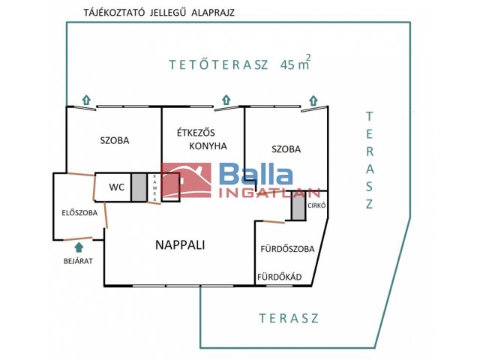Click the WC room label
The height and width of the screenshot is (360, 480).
point(117,187)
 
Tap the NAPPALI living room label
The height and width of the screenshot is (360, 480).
point(180,245)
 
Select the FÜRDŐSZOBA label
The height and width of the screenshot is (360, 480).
point(287,248)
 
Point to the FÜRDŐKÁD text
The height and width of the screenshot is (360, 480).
point(280,277)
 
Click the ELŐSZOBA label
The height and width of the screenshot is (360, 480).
point(79,213)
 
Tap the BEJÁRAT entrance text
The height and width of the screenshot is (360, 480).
point(78,261)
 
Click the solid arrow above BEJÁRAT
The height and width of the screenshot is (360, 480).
point(79,247)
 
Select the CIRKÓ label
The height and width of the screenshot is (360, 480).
point(316,205)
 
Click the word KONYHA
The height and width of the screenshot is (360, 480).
point(208,146)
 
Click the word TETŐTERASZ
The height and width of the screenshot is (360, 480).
point(218,65)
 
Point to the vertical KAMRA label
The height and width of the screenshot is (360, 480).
point(154,188)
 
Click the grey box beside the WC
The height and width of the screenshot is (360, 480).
point(139,187)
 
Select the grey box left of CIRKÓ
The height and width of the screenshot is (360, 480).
point(298,205)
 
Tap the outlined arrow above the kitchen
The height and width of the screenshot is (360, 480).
point(226,100)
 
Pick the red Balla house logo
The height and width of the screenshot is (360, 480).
point(186,180)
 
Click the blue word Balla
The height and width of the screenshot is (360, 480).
point(256,175)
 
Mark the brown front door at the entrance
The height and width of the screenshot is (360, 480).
point(78,238)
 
